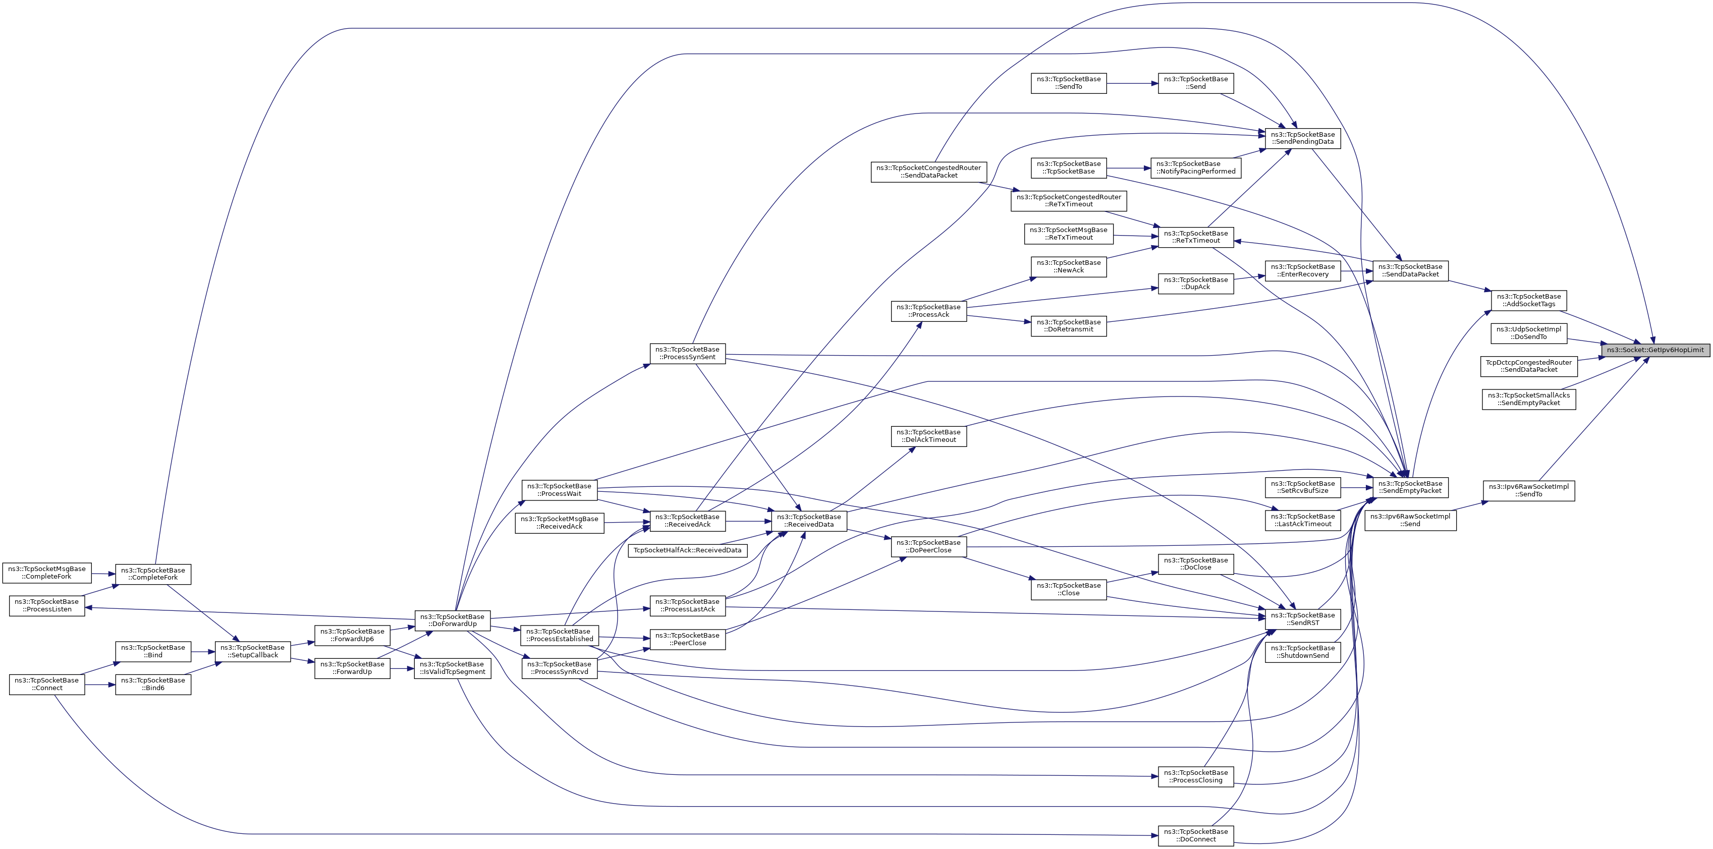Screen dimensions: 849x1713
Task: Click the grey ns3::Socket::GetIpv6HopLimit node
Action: coord(1655,350)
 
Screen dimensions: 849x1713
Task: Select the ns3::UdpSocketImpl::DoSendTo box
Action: coord(1529,333)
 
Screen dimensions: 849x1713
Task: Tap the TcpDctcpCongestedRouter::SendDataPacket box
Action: coord(1529,366)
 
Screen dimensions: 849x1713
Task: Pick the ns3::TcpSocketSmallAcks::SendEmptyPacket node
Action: coord(1529,399)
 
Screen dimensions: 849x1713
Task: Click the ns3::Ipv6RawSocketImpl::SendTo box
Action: coord(1529,491)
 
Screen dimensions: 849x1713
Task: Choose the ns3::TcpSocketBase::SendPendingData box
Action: coord(1303,138)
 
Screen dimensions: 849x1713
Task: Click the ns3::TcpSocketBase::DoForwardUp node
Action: coord(452,620)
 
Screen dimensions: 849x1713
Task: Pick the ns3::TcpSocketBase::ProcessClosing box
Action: coord(1196,776)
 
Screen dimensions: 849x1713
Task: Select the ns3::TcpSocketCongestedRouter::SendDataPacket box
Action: coord(929,172)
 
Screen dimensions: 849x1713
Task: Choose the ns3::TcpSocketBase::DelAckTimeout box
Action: coord(928,436)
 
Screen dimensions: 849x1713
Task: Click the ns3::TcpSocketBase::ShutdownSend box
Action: coord(1303,652)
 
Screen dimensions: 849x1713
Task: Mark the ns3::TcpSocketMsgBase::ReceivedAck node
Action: coord(559,523)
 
